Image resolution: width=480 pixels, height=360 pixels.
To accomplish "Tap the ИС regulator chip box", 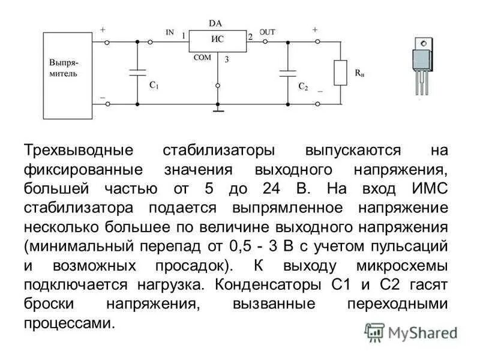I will (x=217, y=41).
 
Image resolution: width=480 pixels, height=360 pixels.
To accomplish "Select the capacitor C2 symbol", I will (x=287, y=73).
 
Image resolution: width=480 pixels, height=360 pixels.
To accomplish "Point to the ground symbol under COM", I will (x=218, y=110).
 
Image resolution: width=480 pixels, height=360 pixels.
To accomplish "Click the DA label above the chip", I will (x=215, y=23).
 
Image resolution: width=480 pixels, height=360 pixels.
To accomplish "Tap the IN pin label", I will (x=170, y=32).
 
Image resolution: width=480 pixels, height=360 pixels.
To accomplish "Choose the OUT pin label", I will (x=267, y=32).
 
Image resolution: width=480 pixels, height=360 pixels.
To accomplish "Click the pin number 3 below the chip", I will (x=226, y=59).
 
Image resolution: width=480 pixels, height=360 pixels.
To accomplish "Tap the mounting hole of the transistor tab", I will (x=424, y=43).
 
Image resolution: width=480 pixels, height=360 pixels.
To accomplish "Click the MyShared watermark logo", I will (x=411, y=332).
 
